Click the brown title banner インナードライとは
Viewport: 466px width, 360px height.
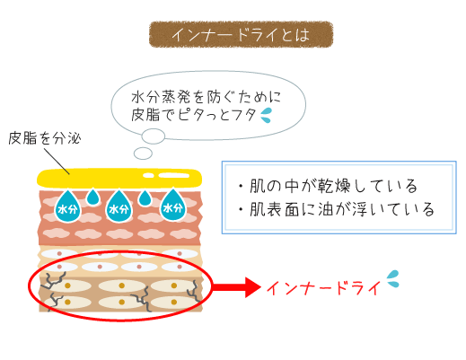tap(241, 34)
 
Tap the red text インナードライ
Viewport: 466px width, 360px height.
tap(323, 288)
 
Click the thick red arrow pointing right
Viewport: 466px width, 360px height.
tap(236, 287)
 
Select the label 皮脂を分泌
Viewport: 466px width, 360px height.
tap(45, 138)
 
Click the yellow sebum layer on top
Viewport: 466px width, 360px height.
tap(119, 179)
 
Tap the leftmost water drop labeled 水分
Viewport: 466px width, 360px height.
tap(68, 206)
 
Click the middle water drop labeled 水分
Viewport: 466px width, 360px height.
tap(119, 206)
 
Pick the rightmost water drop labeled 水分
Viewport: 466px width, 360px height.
tap(172, 205)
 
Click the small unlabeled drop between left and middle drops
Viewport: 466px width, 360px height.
tap(93, 197)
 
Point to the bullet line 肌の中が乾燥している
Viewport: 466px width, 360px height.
tap(328, 186)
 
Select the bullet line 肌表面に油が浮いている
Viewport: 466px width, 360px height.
tap(336, 209)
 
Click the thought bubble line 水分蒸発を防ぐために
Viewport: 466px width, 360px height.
tap(207, 97)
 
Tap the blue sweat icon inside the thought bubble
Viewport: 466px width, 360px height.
tap(266, 115)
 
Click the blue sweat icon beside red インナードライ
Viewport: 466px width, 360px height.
tap(392, 279)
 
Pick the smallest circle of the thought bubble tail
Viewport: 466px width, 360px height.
tap(143, 154)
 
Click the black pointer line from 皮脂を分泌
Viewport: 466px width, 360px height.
tap(57, 161)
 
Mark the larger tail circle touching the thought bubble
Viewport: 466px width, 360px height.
tap(153, 136)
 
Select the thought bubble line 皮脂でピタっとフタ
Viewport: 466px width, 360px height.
tap(194, 115)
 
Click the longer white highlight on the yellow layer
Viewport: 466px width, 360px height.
tap(174, 175)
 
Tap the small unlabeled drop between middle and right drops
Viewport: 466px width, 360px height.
tap(145, 198)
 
